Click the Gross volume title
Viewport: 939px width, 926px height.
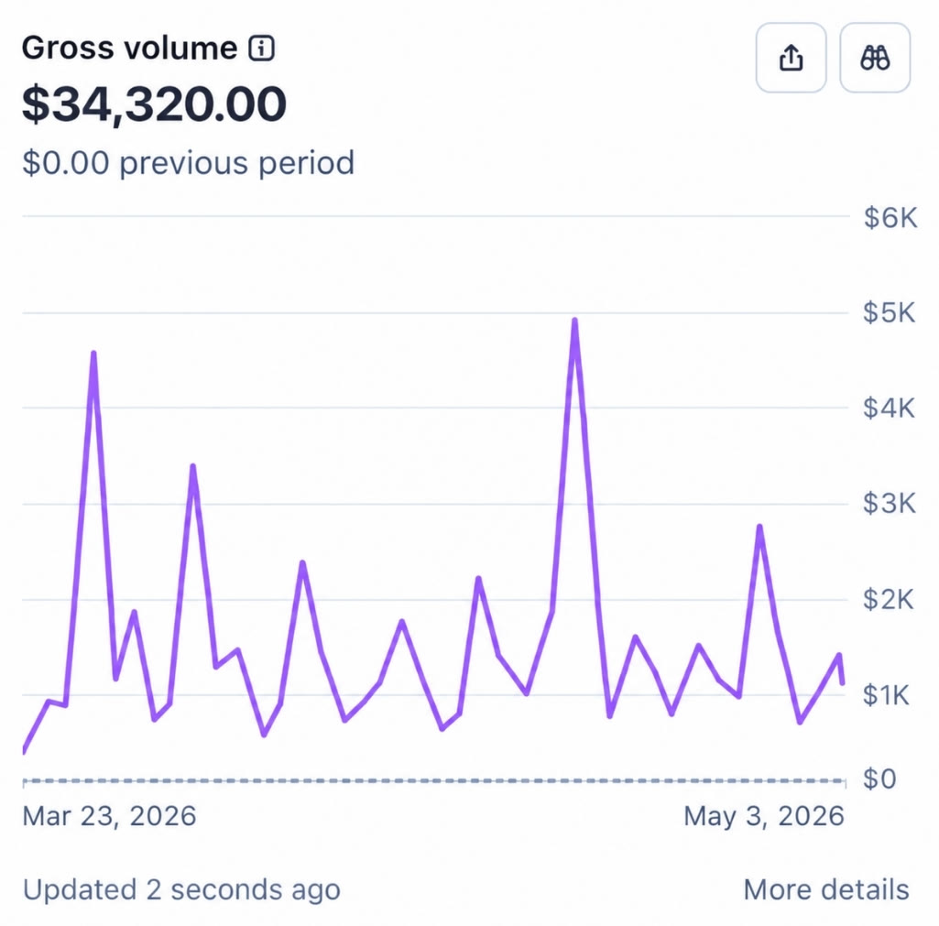pos(129,48)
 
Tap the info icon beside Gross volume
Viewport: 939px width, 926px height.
pos(262,49)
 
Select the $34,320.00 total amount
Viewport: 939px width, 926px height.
pos(154,104)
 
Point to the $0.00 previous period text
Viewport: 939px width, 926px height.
pos(188,163)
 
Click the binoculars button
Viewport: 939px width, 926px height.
pos(875,58)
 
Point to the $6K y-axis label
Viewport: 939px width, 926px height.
pos(890,218)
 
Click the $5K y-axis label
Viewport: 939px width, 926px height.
pos(890,313)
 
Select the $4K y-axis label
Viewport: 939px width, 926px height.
pos(890,409)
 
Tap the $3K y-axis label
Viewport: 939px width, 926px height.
pos(890,504)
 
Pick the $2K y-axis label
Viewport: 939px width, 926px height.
pos(889,599)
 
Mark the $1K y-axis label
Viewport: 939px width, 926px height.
pos(886,695)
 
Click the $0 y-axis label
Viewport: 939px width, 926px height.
pos(879,779)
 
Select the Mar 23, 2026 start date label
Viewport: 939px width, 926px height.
pos(109,816)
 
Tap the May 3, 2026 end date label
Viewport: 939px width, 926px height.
pos(764,816)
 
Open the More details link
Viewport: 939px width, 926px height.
pos(826,889)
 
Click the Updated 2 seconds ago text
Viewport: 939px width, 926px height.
pos(181,889)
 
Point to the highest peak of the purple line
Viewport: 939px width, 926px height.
pos(575,321)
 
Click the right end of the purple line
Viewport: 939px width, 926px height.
pos(843,682)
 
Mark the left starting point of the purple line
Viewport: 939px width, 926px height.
pos(23,751)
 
